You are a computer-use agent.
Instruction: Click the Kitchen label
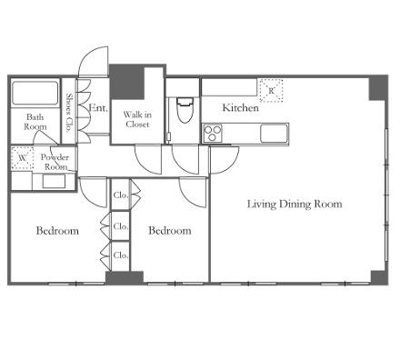(240, 107)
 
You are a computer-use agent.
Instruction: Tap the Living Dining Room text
(295, 204)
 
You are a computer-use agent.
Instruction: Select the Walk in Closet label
(137, 119)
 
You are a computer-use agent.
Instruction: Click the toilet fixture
(185, 110)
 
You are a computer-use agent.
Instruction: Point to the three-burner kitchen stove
(213, 134)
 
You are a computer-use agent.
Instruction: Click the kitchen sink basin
(274, 134)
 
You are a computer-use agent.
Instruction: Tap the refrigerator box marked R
(271, 91)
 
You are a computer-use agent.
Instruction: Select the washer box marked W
(22, 158)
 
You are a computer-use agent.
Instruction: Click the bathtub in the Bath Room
(35, 93)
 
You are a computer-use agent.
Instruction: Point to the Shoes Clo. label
(69, 112)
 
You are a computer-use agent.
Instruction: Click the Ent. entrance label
(98, 107)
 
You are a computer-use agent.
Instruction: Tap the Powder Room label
(55, 162)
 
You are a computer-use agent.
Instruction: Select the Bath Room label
(35, 122)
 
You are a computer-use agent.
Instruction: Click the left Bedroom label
(57, 231)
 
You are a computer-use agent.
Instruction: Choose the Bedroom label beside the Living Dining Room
(170, 231)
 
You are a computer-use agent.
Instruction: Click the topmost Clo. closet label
(121, 195)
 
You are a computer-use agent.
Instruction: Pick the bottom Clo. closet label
(121, 255)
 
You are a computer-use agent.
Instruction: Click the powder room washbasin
(54, 181)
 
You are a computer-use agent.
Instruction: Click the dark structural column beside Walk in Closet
(126, 81)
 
